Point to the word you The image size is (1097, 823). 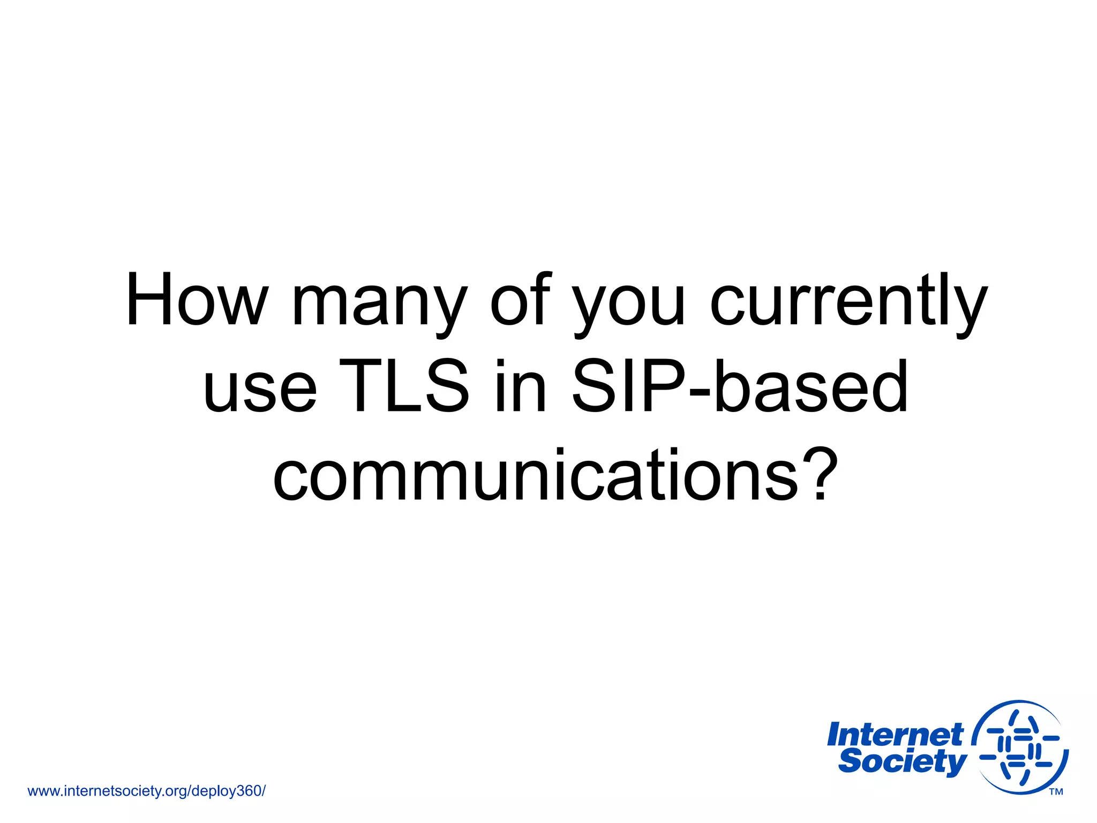(x=629, y=305)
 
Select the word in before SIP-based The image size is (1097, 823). (x=520, y=386)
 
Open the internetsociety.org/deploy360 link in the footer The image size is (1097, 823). (x=146, y=791)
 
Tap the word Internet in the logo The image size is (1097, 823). (x=895, y=735)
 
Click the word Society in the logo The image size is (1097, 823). (x=902, y=761)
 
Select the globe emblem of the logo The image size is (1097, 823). (x=1020, y=747)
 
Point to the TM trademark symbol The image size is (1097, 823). (x=1056, y=792)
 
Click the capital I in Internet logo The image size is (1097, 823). (x=834, y=735)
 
